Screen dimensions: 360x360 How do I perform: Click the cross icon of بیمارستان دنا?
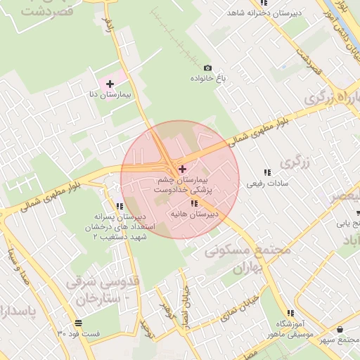[110, 84]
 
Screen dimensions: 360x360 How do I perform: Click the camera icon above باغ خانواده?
[207, 68]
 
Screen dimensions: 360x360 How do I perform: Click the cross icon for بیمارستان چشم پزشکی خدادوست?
[183, 169]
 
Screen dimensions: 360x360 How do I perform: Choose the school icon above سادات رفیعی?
[266, 172]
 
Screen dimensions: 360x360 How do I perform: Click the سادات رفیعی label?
[263, 184]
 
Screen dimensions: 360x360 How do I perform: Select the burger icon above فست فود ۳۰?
[77, 323]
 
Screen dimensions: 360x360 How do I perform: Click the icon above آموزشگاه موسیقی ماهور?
[290, 314]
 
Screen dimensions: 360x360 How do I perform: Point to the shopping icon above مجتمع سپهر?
[340, 329]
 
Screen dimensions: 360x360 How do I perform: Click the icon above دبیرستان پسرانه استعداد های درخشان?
[120, 206]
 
